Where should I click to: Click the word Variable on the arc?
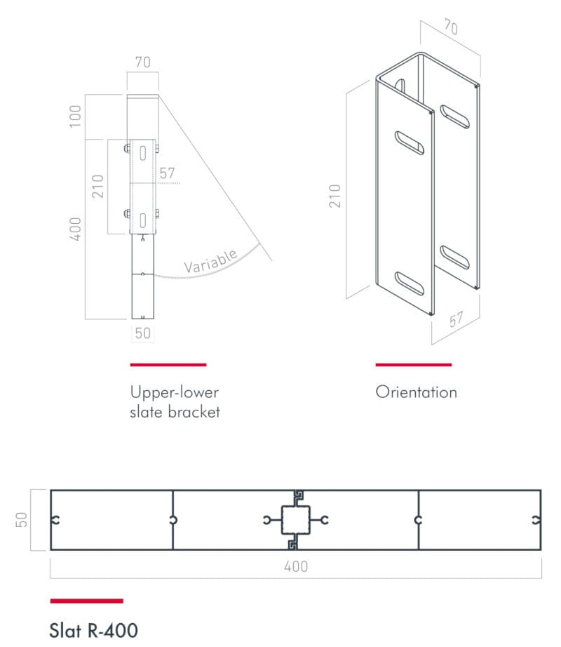point(210,261)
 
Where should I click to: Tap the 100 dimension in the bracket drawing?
point(75,116)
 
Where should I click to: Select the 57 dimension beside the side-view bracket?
point(168,173)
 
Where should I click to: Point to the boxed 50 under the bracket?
point(142,333)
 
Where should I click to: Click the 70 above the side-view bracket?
point(143,62)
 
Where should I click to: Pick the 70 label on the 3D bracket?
point(451,27)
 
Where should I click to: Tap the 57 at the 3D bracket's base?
point(457,320)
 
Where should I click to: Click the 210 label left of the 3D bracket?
point(334,196)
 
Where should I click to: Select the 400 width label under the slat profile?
point(296,566)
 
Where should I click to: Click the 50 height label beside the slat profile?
point(22,519)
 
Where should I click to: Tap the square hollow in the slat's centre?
point(295,520)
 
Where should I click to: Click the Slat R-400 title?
point(93,630)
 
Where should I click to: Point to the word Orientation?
point(417,392)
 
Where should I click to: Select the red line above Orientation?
point(414,365)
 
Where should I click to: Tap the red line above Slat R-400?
point(86,601)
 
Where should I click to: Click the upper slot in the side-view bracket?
point(143,154)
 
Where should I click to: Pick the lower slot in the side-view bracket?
point(143,221)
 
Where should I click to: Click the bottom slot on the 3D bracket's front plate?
point(410,284)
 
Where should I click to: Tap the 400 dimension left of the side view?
point(75,229)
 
